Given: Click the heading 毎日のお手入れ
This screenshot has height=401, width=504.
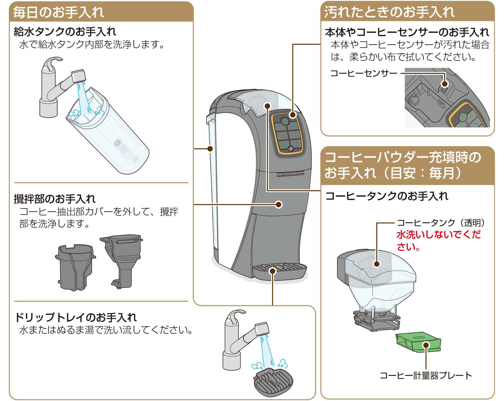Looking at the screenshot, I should [x=58, y=12].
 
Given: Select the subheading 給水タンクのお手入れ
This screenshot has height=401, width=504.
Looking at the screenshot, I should [x=65, y=32].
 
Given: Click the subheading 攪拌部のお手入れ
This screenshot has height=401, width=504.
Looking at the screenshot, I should [x=55, y=198].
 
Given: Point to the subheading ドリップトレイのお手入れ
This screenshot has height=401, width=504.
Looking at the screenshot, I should [x=76, y=317].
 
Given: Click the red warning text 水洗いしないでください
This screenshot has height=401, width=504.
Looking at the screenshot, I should [x=438, y=241].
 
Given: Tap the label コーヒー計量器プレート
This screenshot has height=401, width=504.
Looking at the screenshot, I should [x=426, y=376].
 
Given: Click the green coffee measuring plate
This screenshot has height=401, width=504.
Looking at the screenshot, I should [x=418, y=342].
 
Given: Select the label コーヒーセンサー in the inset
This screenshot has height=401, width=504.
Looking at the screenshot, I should [x=364, y=73].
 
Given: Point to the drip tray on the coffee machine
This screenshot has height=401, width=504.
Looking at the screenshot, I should [x=279, y=271].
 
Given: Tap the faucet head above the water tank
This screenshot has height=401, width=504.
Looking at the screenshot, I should [x=78, y=75].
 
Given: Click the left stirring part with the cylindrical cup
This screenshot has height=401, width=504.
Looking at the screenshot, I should [x=75, y=266].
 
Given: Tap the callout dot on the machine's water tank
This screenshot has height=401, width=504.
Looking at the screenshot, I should [x=210, y=149].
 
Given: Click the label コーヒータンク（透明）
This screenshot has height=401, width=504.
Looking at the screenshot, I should [x=441, y=223].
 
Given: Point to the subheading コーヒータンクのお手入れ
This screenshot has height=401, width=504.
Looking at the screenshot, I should [x=387, y=196].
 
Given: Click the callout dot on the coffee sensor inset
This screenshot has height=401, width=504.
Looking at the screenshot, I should [x=444, y=84].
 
